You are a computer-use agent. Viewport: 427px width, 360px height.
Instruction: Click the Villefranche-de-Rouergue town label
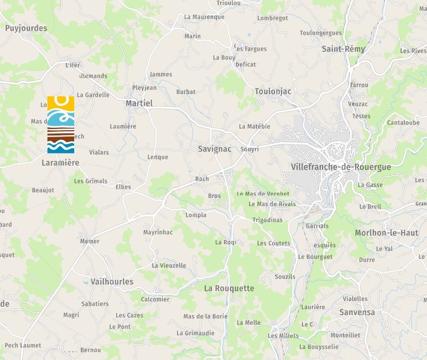(x=341, y=167)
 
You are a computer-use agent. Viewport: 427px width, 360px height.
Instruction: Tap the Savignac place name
(x=215, y=149)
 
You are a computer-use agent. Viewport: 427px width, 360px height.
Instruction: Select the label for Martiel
(x=139, y=103)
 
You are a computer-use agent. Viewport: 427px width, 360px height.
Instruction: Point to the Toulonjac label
(x=273, y=91)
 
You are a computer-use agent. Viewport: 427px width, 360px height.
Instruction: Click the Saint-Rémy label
(x=343, y=49)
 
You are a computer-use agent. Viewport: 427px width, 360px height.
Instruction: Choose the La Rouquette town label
(x=229, y=288)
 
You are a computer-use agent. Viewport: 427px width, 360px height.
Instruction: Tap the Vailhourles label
(x=112, y=282)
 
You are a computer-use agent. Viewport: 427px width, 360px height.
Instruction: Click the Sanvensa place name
(x=357, y=312)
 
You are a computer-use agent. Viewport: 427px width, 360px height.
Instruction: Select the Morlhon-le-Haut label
(x=386, y=233)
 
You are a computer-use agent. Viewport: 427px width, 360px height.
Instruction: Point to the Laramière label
(x=60, y=162)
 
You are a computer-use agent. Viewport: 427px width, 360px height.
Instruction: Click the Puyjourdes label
(x=26, y=28)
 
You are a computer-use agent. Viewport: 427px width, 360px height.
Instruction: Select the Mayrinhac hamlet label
(x=158, y=233)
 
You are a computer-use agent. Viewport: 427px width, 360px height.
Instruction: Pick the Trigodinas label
(x=267, y=220)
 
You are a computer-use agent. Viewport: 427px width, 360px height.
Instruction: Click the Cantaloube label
(x=403, y=123)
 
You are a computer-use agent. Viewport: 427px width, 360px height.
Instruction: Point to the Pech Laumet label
(x=23, y=346)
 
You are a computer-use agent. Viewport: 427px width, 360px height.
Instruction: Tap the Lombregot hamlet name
(x=272, y=18)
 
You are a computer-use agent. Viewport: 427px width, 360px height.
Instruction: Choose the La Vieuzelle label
(x=169, y=266)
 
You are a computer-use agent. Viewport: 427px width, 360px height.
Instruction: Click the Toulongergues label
(x=320, y=33)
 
